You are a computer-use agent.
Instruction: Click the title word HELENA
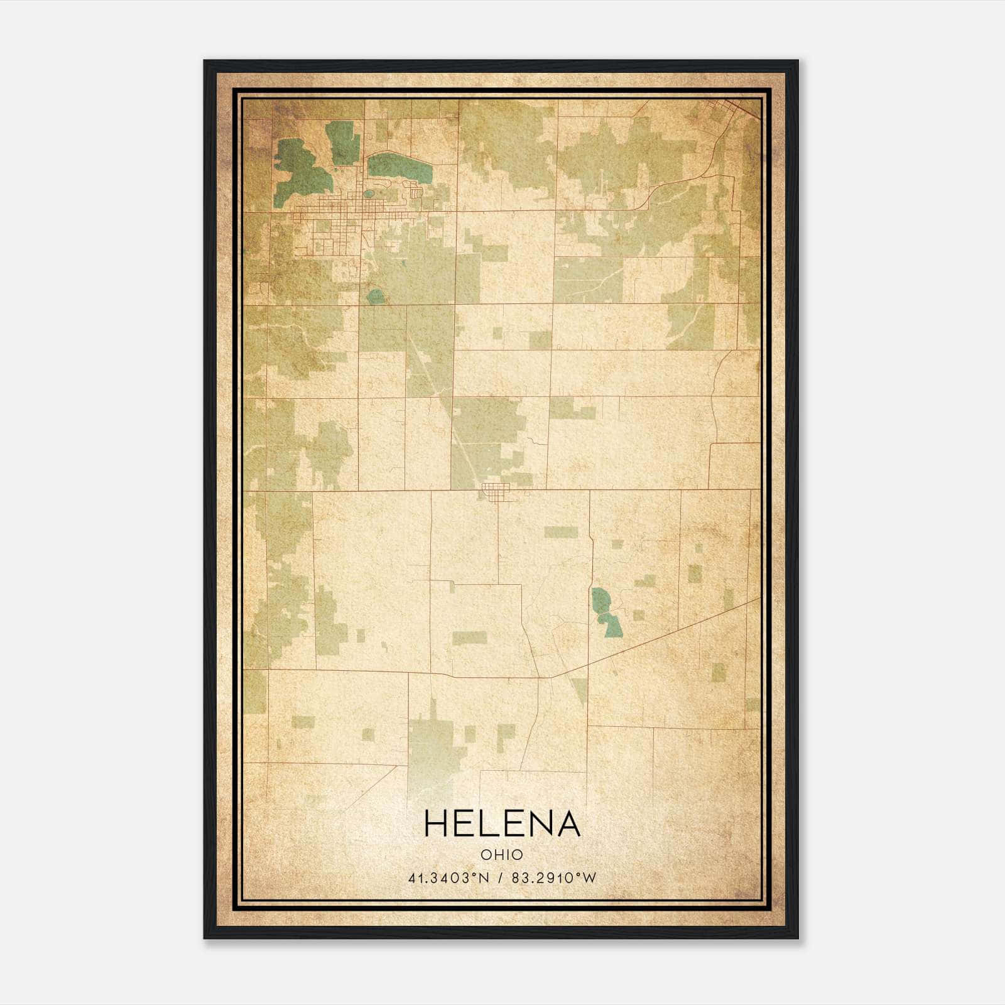coord(502,823)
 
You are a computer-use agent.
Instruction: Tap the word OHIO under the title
coord(502,855)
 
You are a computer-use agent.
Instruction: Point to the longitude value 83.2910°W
coord(553,878)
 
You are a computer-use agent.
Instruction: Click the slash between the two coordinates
coord(501,878)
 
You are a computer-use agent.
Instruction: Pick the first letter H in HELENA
coord(436,823)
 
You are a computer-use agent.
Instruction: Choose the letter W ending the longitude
coord(589,878)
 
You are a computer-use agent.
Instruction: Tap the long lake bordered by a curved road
coord(399,166)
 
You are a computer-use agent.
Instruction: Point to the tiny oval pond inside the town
coord(369,194)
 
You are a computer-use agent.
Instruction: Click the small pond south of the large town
coord(375,296)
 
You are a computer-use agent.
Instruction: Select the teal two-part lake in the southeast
coord(605,611)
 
